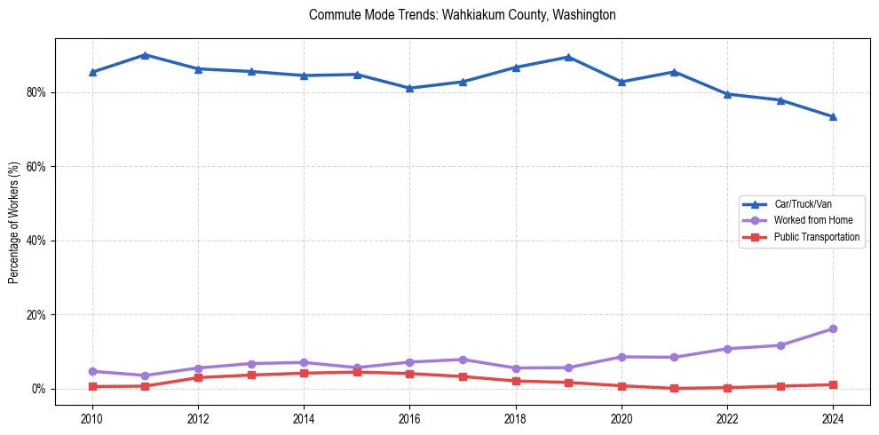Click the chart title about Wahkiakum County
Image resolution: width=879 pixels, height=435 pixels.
point(462,15)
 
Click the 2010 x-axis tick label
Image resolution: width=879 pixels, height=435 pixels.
point(92,417)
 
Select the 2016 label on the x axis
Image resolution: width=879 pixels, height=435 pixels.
point(409,417)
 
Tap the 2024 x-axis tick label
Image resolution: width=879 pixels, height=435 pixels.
point(833,417)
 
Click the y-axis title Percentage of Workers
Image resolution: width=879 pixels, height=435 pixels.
point(14,222)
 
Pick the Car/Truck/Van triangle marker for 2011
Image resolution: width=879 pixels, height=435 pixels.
point(145,55)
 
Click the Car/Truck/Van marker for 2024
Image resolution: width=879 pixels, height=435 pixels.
point(833,116)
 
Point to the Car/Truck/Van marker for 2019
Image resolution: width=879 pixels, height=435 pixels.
point(568,57)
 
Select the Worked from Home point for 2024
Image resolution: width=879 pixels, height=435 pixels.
point(833,328)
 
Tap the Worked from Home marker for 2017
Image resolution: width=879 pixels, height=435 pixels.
point(463,360)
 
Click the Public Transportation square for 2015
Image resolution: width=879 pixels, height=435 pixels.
point(357,372)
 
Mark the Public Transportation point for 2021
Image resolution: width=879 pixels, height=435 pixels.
point(674,388)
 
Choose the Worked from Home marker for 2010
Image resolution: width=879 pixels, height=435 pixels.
point(92,371)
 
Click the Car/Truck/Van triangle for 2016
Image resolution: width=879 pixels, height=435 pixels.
point(409,88)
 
